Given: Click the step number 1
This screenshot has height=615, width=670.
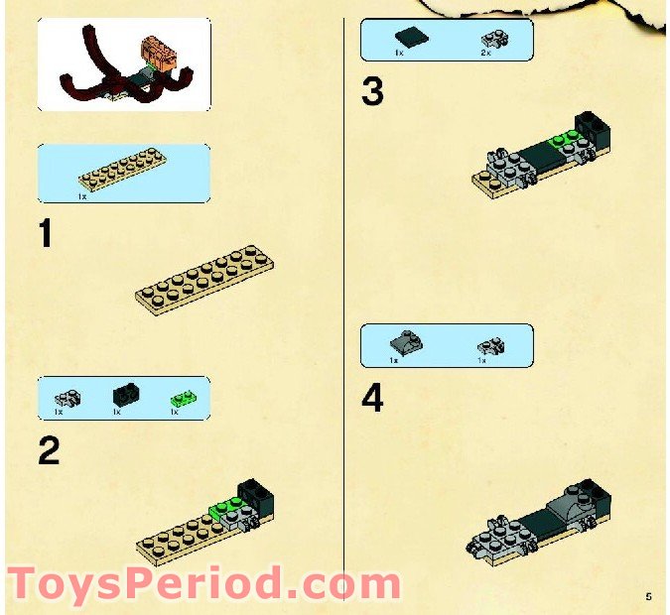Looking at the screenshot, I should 45,235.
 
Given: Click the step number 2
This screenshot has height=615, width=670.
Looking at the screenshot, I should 49,450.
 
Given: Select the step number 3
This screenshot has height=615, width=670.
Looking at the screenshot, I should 372,92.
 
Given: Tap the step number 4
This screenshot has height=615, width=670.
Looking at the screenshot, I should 372,399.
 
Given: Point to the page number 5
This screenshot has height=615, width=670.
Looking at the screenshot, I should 647,596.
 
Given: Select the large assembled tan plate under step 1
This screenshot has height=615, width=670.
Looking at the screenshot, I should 203,282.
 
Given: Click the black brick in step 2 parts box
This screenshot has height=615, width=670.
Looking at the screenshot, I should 126,394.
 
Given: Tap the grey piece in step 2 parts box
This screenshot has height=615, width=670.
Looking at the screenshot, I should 67,397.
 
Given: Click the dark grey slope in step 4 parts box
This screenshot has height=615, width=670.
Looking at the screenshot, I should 405,342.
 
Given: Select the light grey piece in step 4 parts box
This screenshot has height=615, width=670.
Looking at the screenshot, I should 489,346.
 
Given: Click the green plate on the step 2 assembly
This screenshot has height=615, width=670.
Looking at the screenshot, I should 223,510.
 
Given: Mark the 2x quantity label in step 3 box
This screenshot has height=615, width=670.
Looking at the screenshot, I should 486,52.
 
